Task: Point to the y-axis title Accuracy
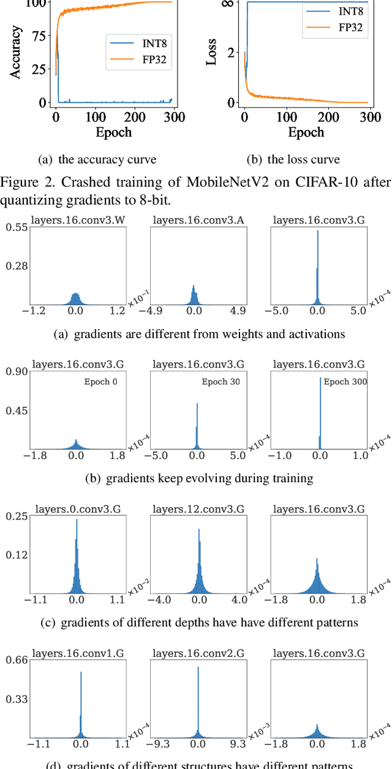[17, 51]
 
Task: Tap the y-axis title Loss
[211, 53]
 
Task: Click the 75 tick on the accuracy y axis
[38, 36]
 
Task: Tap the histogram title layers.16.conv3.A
[197, 220]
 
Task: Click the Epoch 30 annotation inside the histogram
[221, 382]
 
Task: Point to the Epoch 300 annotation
[344, 382]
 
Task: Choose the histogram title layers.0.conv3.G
[78, 509]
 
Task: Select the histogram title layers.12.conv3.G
[197, 509]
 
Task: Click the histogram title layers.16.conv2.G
[197, 653]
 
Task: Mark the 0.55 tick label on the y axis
[17, 227]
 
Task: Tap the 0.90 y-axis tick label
[17, 371]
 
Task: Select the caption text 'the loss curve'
[304, 160]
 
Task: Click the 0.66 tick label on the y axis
[17, 660]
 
